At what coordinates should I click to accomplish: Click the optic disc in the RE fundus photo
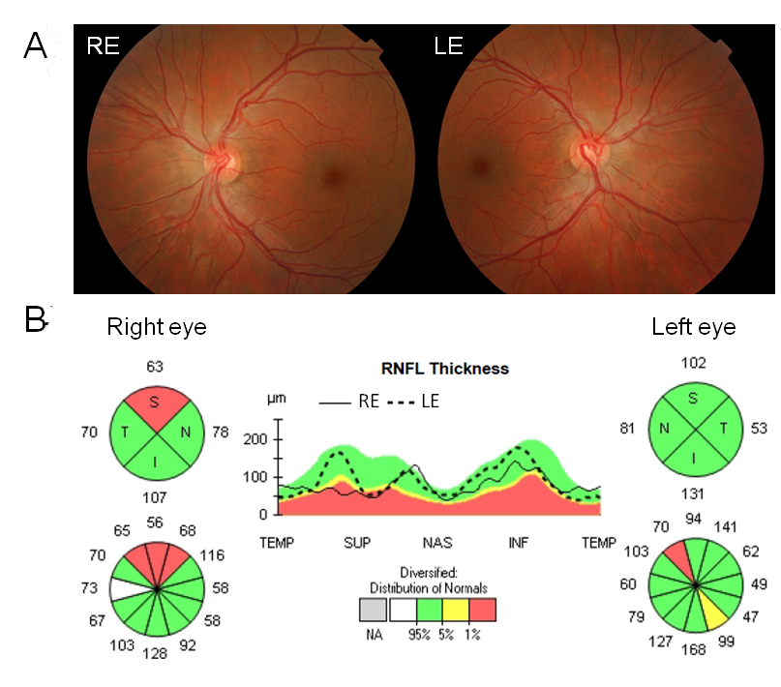[x=225, y=158]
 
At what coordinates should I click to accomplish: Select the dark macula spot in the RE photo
[x=332, y=175]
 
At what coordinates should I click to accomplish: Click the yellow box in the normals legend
[x=457, y=610]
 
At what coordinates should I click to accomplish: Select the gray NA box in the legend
[x=373, y=610]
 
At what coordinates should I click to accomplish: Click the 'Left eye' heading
[x=693, y=327]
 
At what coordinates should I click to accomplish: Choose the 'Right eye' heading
[x=157, y=327]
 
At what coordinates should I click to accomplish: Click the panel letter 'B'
[x=36, y=320]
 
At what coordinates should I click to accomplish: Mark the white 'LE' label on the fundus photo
[x=450, y=46]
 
